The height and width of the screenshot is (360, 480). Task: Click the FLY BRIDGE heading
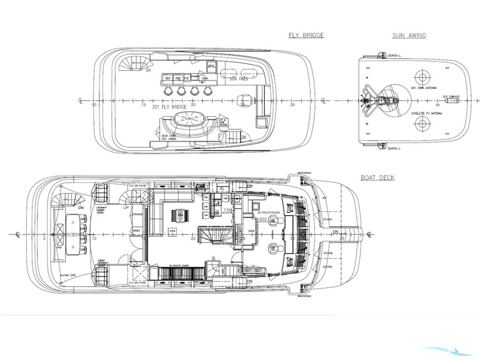[x=306, y=35]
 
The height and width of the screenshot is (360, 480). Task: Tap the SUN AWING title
[x=409, y=35]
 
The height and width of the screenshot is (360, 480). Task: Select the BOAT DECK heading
[x=378, y=178]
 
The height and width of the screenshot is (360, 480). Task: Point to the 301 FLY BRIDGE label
[x=169, y=107]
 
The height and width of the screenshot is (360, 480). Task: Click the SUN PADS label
[x=239, y=79]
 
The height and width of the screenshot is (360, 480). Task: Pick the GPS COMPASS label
[x=451, y=97]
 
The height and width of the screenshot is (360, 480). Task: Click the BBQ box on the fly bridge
[x=211, y=66]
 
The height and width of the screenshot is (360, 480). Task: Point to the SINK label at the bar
[x=205, y=78]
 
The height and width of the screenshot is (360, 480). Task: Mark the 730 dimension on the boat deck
[x=227, y=210]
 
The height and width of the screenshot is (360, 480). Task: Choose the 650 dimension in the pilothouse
[x=263, y=219]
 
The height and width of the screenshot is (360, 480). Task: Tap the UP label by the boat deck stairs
[x=126, y=208]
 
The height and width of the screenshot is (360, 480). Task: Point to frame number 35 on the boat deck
[x=342, y=238]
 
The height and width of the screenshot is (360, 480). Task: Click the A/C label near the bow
[x=325, y=198]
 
